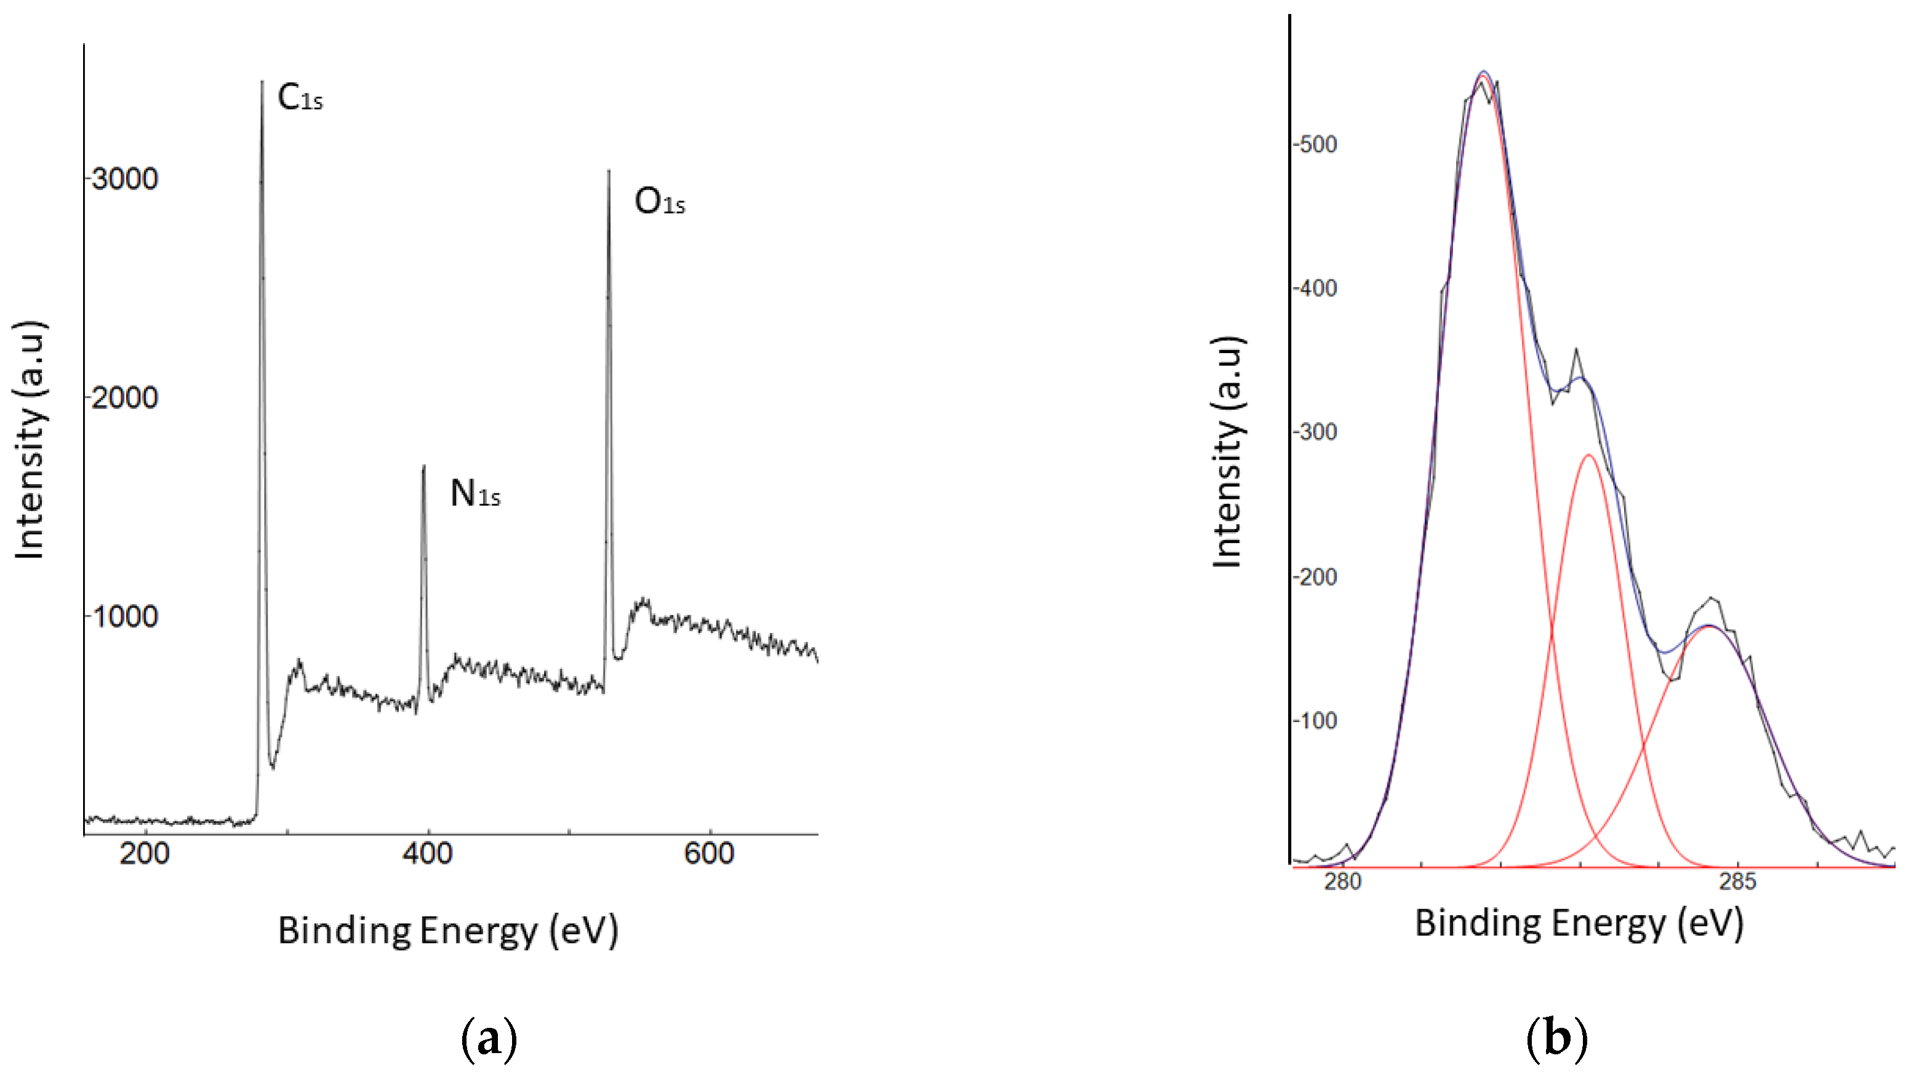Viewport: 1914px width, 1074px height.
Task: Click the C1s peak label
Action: pos(300,98)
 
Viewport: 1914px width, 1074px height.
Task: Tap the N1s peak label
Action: pos(474,494)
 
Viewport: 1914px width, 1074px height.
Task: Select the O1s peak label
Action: pos(659,202)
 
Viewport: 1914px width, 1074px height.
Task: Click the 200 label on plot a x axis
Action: pos(144,853)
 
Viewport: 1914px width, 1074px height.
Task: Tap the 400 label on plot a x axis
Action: pos(427,853)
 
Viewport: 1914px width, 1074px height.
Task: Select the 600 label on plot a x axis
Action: pos(709,853)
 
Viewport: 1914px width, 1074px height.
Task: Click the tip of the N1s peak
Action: pos(423,466)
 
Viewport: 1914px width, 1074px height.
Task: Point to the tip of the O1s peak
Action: pos(609,172)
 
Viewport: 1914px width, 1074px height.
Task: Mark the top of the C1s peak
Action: pos(262,82)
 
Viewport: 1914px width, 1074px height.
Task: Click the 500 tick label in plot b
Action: pos(1316,144)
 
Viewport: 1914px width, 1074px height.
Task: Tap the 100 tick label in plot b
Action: pos(1316,720)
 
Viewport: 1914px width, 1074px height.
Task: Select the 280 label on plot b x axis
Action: pos(1343,881)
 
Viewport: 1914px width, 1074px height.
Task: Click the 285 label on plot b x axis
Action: pos(1738,881)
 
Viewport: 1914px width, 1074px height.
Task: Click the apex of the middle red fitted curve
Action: pos(1588,455)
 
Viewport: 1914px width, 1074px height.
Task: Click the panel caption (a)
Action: pos(488,1039)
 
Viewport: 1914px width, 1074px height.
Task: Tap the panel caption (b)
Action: pos(1556,1039)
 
